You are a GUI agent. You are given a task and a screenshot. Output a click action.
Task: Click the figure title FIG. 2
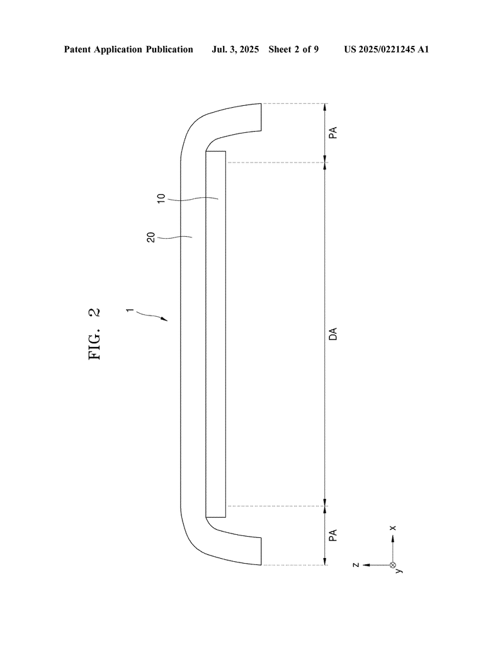(94, 334)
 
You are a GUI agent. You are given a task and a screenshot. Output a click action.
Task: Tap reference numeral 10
(162, 198)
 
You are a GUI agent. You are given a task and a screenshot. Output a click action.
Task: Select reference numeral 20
(151, 237)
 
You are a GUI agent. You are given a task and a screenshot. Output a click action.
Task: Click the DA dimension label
(333, 334)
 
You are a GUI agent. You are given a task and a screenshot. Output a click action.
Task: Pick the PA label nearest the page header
(333, 132)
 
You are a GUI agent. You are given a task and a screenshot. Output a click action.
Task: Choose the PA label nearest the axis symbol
(333, 535)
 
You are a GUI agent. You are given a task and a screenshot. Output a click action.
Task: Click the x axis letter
(393, 528)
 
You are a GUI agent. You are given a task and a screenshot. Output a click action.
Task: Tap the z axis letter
(356, 565)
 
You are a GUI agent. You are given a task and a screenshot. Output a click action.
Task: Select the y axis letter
(399, 570)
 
